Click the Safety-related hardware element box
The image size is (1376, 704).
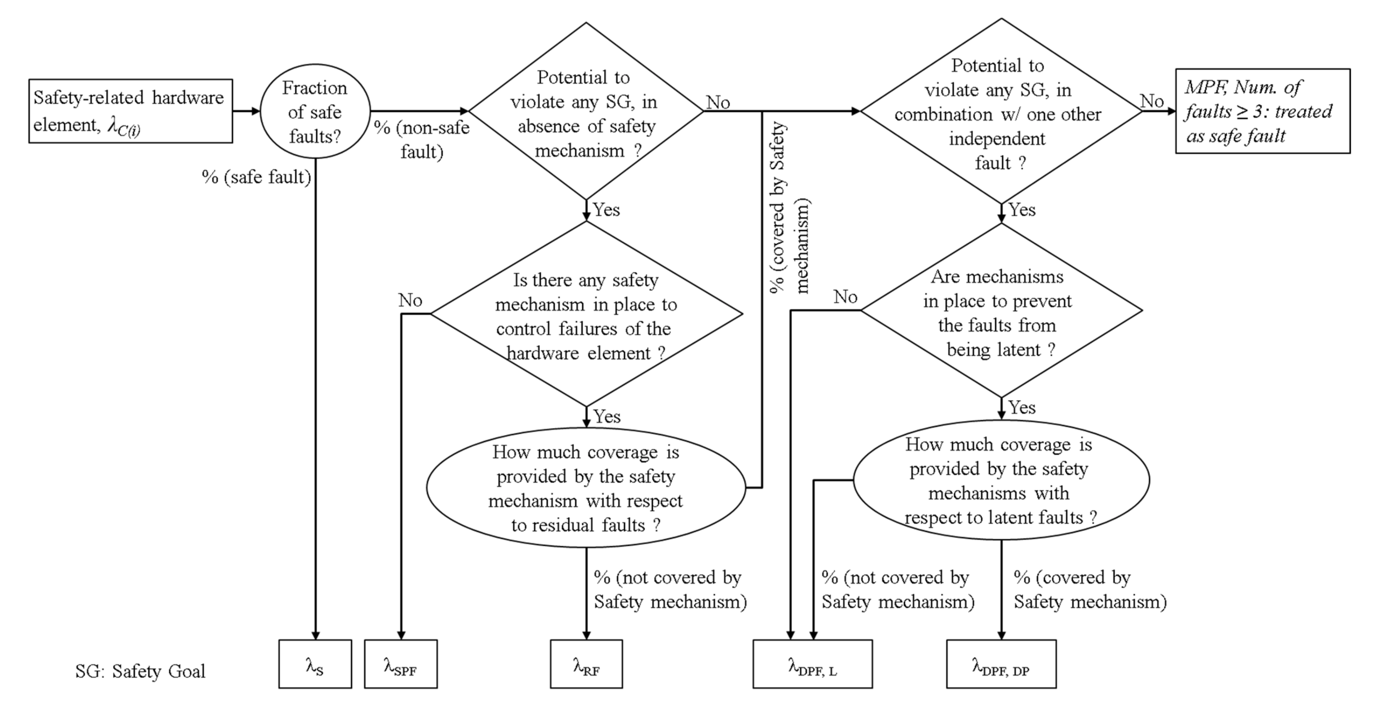130,111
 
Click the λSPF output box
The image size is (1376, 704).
401,664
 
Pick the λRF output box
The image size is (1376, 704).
586,664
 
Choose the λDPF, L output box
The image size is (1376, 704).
813,664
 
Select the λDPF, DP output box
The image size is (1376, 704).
1001,664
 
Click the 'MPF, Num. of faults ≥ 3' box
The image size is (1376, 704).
1262,111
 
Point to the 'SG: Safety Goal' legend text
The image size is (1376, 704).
140,671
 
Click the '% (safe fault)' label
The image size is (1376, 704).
257,177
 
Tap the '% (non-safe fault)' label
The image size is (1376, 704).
422,139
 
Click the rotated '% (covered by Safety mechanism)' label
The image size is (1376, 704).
789,207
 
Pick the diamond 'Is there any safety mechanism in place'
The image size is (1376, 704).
586,315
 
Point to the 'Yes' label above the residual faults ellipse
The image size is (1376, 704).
607,416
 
